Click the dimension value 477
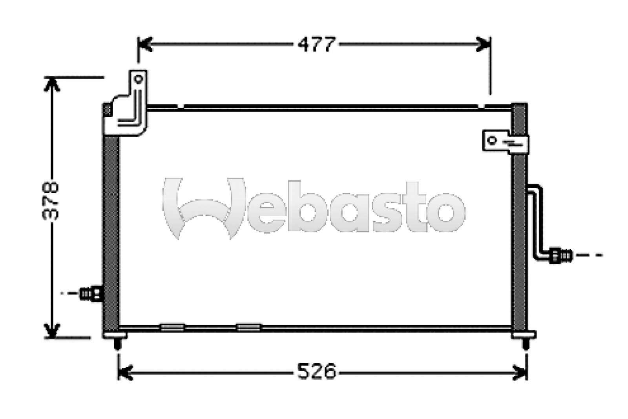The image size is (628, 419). (x=316, y=44)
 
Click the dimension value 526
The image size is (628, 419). (x=316, y=371)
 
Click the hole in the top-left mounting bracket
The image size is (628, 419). (x=138, y=79)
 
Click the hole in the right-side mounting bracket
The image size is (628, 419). (x=492, y=140)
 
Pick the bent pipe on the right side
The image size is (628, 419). (x=537, y=220)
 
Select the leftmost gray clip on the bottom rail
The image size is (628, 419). (x=172, y=327)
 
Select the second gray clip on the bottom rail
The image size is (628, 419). (x=249, y=327)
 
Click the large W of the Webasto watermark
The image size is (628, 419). (x=204, y=208)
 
